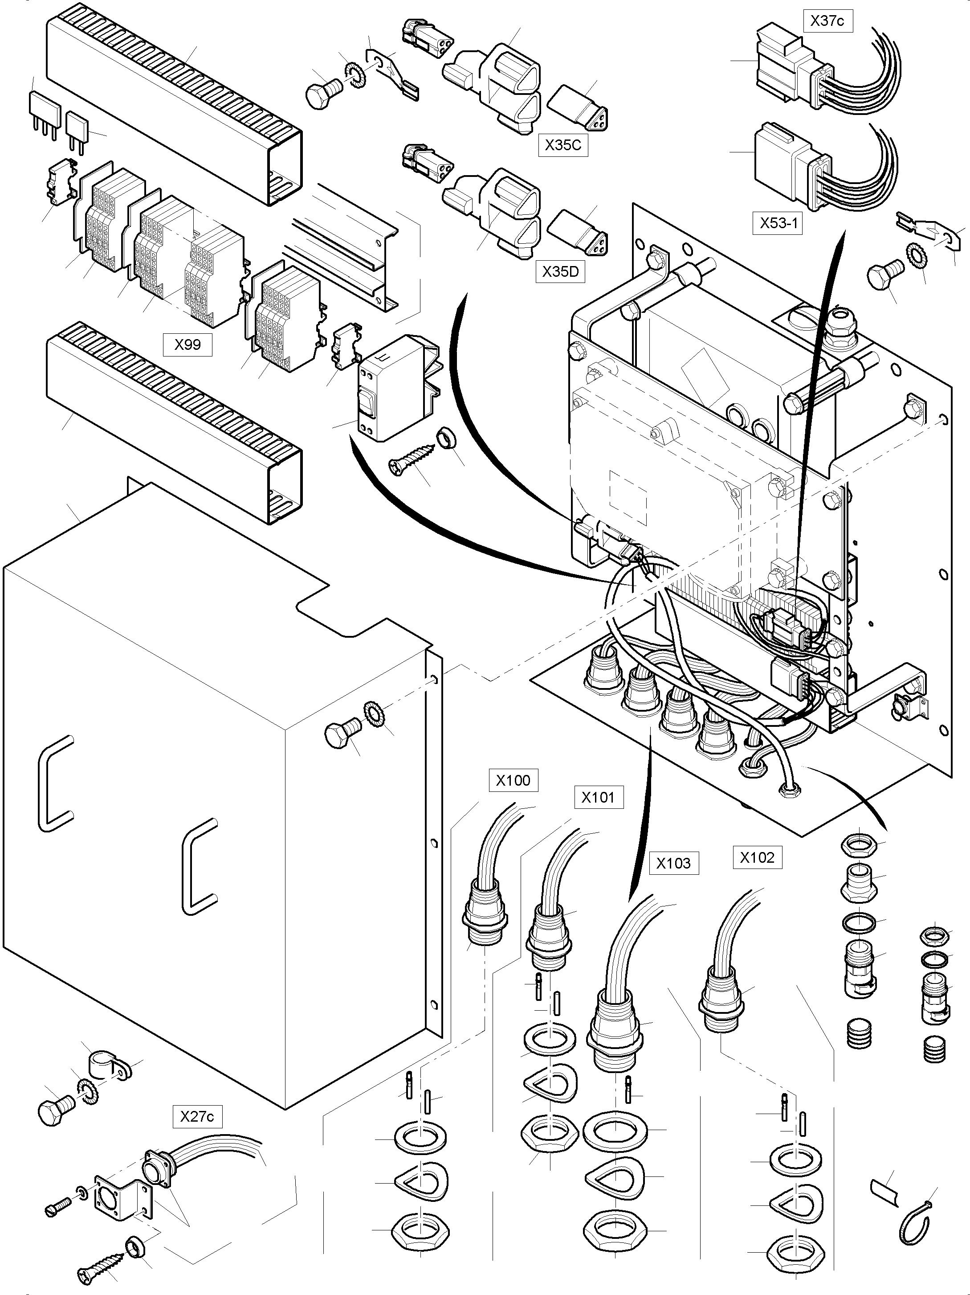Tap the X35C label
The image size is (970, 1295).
pyautogui.click(x=563, y=145)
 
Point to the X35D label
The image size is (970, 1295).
pyautogui.click(x=560, y=272)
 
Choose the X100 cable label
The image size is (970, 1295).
pyautogui.click(x=513, y=780)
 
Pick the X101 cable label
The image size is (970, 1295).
pyautogui.click(x=599, y=797)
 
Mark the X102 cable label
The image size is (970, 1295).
pyautogui.click(x=757, y=858)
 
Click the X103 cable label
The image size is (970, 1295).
pyautogui.click(x=673, y=864)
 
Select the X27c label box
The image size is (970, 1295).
pyautogui.click(x=197, y=1117)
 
